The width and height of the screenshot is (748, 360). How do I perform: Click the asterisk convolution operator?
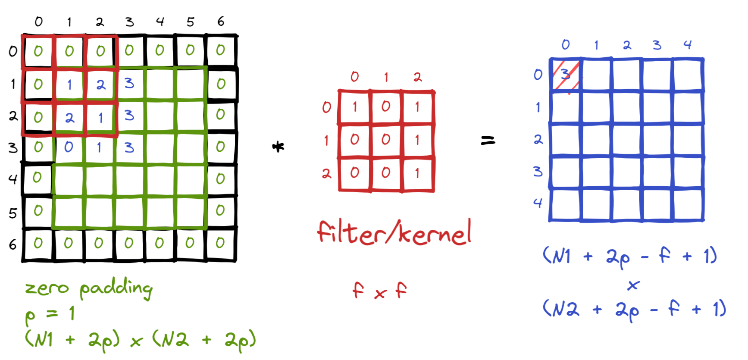279,147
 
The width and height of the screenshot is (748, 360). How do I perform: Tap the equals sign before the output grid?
488,141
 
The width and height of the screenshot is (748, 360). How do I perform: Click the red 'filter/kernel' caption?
394,233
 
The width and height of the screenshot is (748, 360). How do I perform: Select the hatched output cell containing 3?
566,75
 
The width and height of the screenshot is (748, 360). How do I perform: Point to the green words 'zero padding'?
89,288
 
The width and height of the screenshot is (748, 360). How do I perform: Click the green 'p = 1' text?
50,314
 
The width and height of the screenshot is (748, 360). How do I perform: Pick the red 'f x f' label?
379,291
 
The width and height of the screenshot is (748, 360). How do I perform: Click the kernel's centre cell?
386,139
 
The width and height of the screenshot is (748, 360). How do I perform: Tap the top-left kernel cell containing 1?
354,107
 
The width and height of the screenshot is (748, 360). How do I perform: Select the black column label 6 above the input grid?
221,21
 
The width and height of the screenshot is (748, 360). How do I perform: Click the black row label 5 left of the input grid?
13,213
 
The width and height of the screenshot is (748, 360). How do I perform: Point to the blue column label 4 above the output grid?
687,44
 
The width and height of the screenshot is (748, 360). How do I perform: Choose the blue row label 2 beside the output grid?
538,139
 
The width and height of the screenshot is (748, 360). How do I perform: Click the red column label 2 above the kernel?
417,77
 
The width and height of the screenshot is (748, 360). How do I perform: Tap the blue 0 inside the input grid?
69,147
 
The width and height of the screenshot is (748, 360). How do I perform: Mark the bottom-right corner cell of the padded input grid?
221,243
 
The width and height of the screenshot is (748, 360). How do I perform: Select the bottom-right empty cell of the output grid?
688,205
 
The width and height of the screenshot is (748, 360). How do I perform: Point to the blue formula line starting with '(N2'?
634,310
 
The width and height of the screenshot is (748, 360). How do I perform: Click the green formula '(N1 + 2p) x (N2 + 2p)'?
141,340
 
